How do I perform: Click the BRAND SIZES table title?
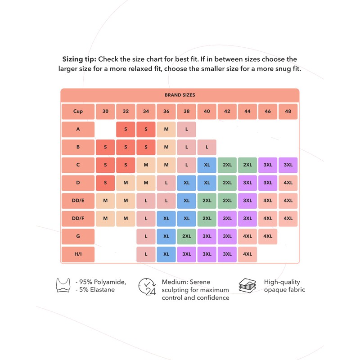point(180,95)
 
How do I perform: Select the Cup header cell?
point(78,111)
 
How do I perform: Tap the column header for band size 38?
point(186,111)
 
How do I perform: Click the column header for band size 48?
point(288,111)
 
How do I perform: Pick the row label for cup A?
point(78,129)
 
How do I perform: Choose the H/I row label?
point(78,254)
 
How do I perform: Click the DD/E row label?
point(78,201)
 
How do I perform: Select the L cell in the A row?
point(186,129)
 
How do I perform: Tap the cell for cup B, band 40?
point(207,147)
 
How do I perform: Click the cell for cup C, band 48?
point(288,165)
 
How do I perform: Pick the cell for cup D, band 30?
point(105,183)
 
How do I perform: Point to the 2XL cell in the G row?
point(186,236)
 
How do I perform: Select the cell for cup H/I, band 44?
point(247,254)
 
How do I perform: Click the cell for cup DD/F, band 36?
point(166,219)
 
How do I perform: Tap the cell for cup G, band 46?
point(268,236)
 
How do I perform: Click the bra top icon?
point(64,286)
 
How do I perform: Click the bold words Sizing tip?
point(79,59)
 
